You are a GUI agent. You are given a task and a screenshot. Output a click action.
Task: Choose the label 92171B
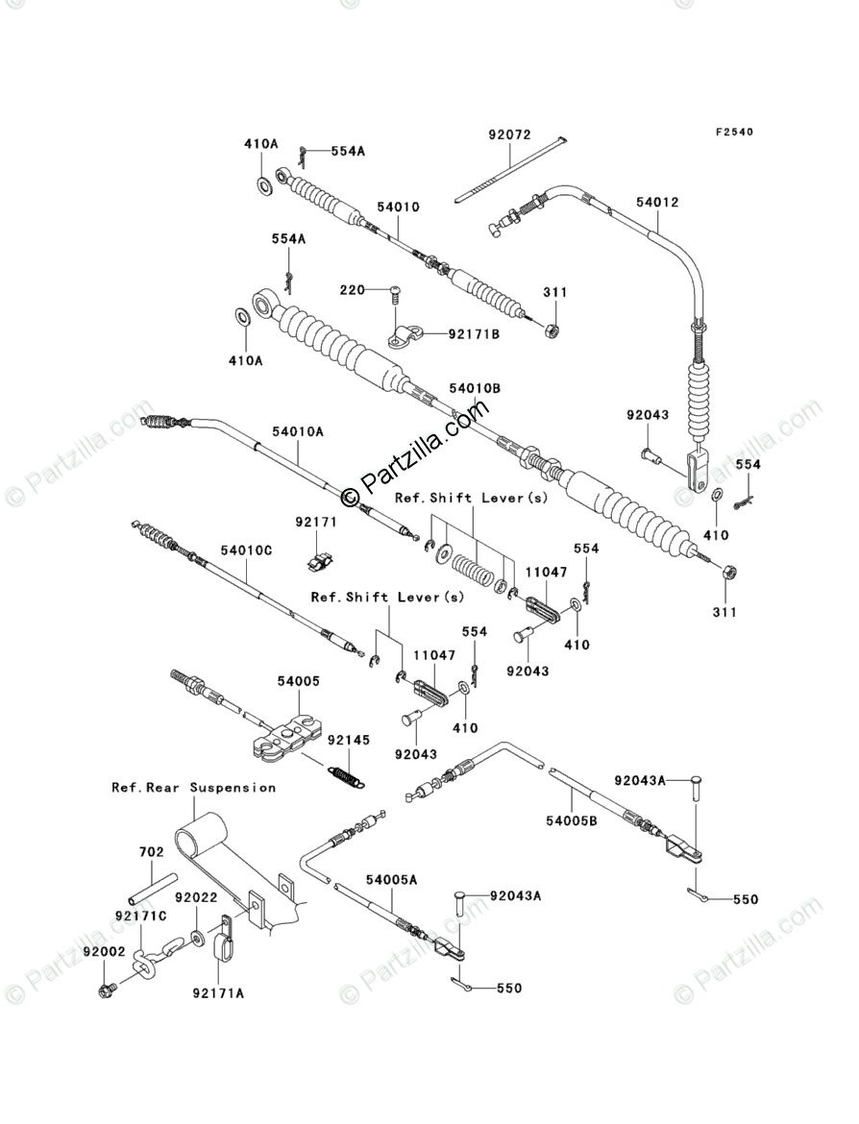[x=473, y=333]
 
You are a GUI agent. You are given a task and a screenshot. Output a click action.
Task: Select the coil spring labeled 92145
[x=344, y=773]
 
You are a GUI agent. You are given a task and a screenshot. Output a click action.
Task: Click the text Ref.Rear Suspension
[x=193, y=787]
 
